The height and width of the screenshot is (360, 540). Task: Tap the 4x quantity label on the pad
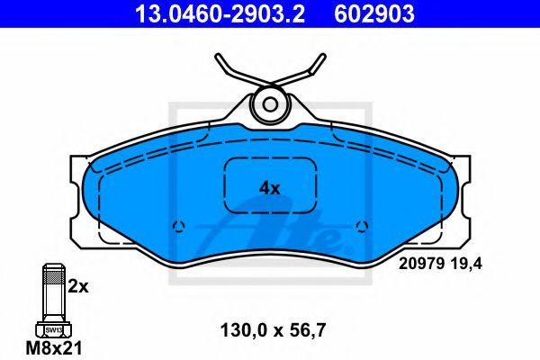coord(270,188)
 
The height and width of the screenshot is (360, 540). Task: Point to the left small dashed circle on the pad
coord(178,226)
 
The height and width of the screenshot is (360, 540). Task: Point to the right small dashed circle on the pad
coord(362,225)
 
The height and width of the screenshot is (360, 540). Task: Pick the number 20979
coord(418,264)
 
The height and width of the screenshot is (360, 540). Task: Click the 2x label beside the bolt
coord(79,287)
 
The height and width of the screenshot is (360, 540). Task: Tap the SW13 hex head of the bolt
coord(52,330)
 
